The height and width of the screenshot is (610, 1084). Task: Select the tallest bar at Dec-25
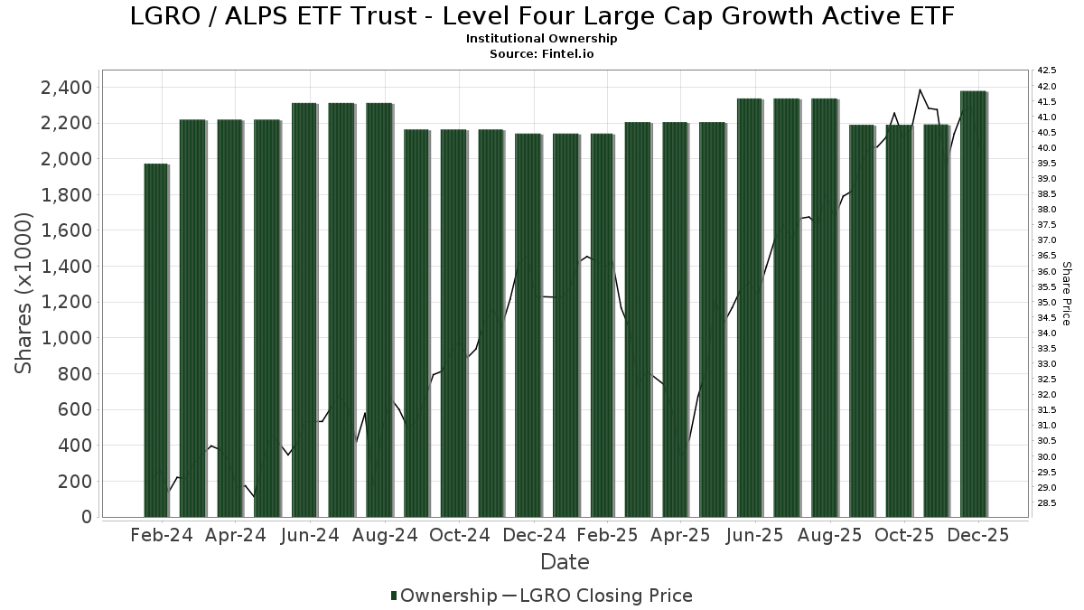pyautogui.click(x=973, y=304)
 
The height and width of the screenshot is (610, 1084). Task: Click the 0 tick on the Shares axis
pyautogui.click(x=86, y=517)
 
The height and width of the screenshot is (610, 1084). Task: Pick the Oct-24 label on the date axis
pyautogui.click(x=459, y=535)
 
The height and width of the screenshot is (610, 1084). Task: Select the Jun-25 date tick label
pyautogui.click(x=757, y=535)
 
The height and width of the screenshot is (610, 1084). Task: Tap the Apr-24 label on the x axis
pyautogui.click(x=236, y=535)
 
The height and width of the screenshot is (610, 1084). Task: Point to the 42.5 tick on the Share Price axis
pyautogui.click(x=1048, y=70)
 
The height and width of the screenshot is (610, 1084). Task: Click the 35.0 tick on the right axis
pyautogui.click(x=1048, y=302)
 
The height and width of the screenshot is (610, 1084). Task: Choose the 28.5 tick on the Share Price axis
pyautogui.click(x=1048, y=502)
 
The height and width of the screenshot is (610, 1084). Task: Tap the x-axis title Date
pyautogui.click(x=565, y=562)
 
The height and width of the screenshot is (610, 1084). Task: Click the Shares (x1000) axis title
pyautogui.click(x=24, y=293)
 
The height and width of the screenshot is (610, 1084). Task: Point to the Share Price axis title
pyautogui.click(x=1067, y=293)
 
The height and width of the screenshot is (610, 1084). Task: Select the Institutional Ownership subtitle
pyautogui.click(x=542, y=39)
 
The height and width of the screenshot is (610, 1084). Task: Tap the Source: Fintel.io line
pyautogui.click(x=542, y=53)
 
